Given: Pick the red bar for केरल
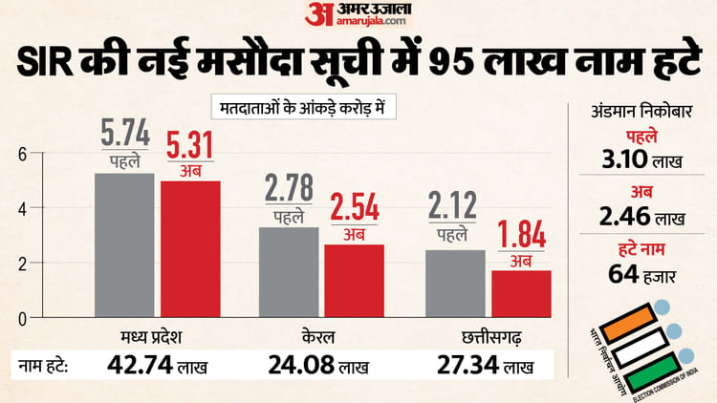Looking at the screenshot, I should [x=355, y=280].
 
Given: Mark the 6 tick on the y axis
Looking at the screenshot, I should [x=23, y=153].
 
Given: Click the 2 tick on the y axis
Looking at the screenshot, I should [x=23, y=263].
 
